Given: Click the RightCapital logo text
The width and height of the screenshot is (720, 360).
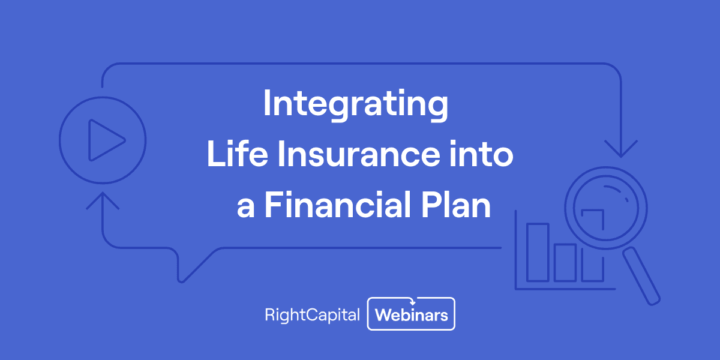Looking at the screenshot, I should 312,315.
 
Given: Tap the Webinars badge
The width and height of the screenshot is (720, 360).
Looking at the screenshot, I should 411,315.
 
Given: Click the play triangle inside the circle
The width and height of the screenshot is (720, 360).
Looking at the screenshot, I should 105,140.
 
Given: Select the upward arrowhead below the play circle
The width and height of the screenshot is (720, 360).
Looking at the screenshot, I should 103,199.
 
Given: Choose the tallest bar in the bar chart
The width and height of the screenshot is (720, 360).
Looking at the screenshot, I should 538,252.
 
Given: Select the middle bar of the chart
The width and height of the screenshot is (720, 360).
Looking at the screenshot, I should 565,262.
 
